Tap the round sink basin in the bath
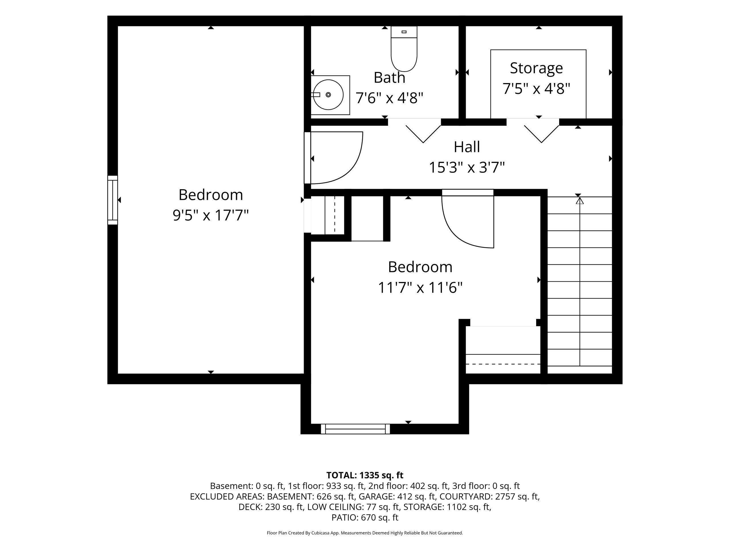coord(328,95)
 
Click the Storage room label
coord(536,68)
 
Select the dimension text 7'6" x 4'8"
coord(390,98)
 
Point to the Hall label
coord(467,147)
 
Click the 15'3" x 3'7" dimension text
coord(467,168)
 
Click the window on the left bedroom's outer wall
coord(113,200)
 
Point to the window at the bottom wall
coord(355,429)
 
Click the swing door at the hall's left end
coord(334,158)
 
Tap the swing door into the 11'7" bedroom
coord(468,219)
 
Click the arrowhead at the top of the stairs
coord(580,200)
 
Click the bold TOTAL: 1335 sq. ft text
coord(365,475)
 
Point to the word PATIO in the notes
coord(344,518)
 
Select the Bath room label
coord(390,78)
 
